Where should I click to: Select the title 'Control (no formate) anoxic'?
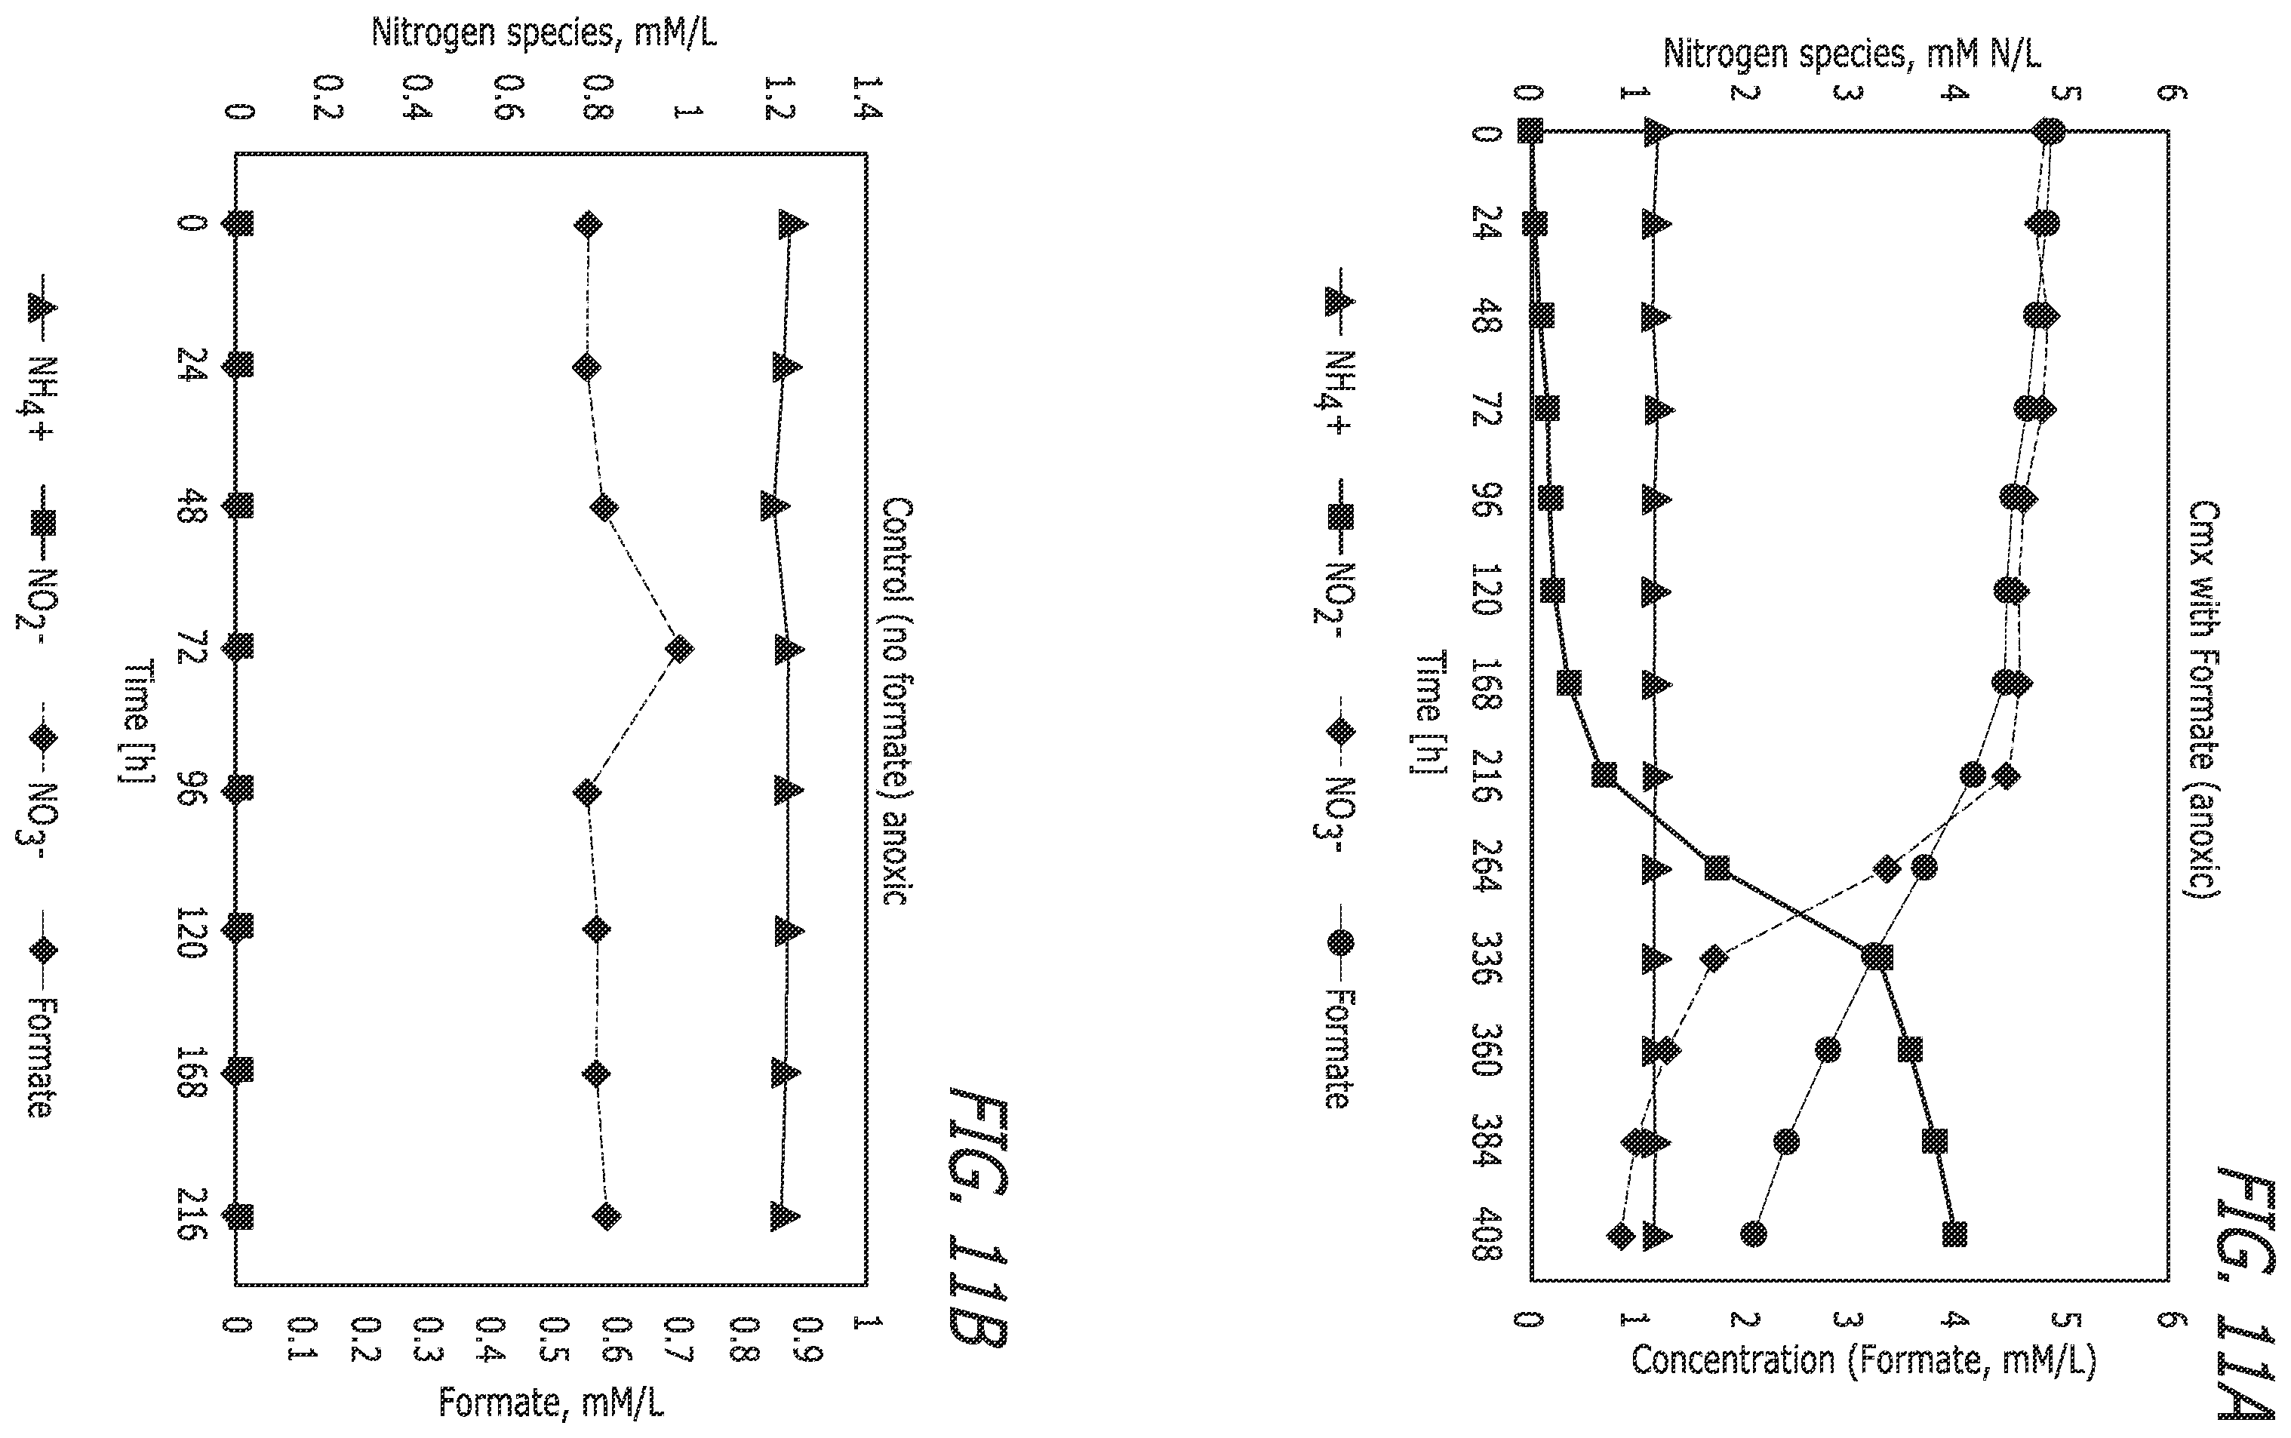coord(898,700)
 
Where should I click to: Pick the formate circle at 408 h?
coord(1754,1234)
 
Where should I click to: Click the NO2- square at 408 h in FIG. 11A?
coord(1954,1234)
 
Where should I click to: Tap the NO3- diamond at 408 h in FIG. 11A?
coord(1622,1235)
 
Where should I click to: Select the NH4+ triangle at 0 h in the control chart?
coord(792,224)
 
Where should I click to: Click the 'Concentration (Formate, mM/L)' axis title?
coord(1864,1361)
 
